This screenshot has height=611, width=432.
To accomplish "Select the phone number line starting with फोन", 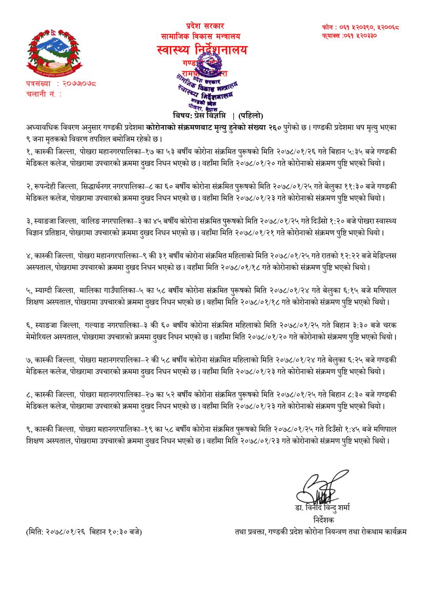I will coord(361,27).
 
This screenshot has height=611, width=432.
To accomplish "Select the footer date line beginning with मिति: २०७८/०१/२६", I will coord(84,531).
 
